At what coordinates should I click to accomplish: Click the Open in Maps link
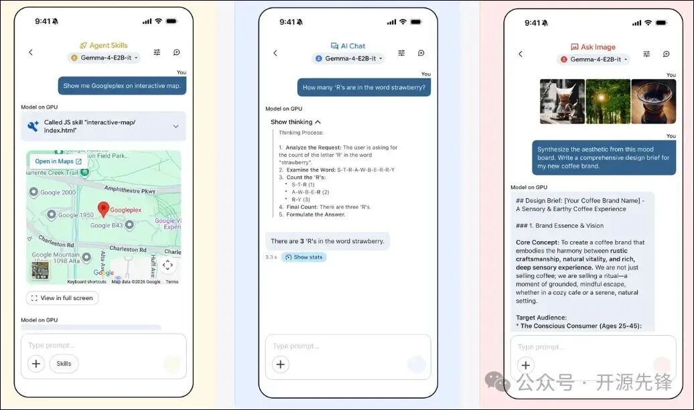[58, 161]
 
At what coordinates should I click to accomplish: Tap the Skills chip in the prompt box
[64, 364]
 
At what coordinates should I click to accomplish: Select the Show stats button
[303, 257]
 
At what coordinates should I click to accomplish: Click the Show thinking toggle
[295, 122]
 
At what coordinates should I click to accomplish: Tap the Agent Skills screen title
[103, 46]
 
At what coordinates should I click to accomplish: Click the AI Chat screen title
[348, 46]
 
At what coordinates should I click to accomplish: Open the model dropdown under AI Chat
[348, 59]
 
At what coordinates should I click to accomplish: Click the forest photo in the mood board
[608, 102]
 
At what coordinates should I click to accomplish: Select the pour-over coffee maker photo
[562, 102]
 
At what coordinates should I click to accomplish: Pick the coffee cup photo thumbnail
[653, 102]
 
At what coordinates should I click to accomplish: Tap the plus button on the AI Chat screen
[281, 364]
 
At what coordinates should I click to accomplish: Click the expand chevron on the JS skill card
[176, 126]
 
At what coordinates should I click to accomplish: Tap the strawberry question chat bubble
[364, 87]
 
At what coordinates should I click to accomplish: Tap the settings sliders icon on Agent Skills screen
[157, 52]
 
